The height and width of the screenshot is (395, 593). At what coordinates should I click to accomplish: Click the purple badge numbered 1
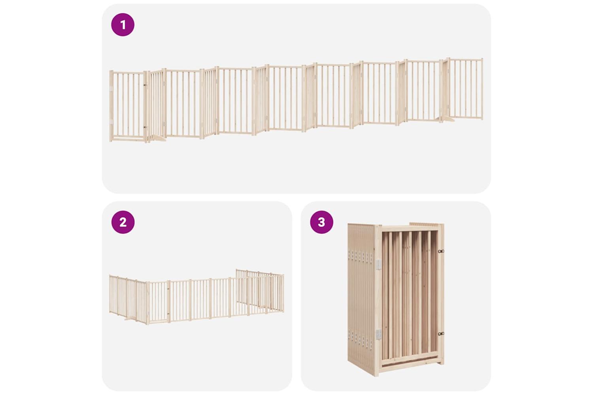pyautogui.click(x=123, y=24)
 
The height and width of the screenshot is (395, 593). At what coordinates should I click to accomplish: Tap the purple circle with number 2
pyautogui.click(x=123, y=222)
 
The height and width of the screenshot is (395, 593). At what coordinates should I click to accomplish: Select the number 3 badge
pyautogui.click(x=321, y=222)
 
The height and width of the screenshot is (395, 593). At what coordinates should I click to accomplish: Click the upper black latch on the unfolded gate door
pyautogui.click(x=145, y=85)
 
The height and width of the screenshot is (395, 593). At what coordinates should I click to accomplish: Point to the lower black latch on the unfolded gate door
pyautogui.click(x=145, y=127)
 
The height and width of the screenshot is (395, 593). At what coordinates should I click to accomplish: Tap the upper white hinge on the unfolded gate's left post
pyautogui.click(x=111, y=88)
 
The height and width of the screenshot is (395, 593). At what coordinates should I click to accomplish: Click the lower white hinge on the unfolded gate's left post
pyautogui.click(x=111, y=122)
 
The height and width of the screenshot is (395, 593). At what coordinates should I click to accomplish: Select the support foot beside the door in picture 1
pyautogui.click(x=158, y=138)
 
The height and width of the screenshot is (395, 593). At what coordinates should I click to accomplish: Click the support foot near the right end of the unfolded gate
pyautogui.click(x=448, y=120)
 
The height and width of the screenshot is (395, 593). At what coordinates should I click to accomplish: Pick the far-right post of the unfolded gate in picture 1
pyautogui.click(x=482, y=89)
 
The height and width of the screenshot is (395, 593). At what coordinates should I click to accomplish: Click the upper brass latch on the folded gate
pyautogui.click(x=441, y=251)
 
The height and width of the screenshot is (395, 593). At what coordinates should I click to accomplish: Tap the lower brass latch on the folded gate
pyautogui.click(x=441, y=334)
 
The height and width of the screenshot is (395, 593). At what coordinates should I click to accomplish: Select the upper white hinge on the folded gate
pyautogui.click(x=379, y=264)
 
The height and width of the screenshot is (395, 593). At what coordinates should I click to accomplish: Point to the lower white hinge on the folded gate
pyautogui.click(x=379, y=334)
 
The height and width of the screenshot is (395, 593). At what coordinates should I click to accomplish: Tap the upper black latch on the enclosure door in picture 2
pyautogui.click(x=168, y=289)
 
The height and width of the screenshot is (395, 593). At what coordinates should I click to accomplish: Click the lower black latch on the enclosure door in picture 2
pyautogui.click(x=168, y=314)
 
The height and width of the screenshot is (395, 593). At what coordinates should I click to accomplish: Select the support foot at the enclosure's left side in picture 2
pyautogui.click(x=129, y=318)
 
